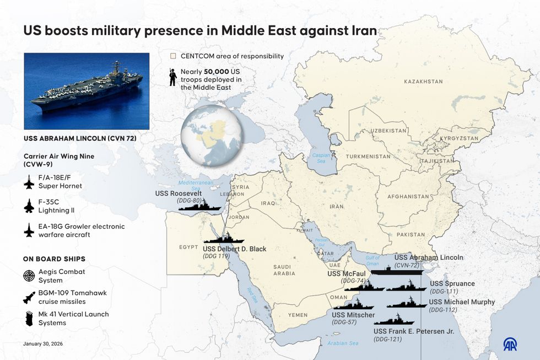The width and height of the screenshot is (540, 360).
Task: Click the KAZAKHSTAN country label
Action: [423, 82]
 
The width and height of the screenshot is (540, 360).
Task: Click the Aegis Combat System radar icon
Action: [29, 276]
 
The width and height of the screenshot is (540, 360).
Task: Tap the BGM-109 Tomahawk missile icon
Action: [29, 298]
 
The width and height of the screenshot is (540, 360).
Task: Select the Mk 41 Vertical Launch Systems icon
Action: [29, 319]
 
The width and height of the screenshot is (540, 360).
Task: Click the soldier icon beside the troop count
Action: [172, 77]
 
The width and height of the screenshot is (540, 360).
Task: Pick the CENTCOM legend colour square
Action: [173, 56]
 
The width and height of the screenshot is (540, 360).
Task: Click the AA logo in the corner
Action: [510, 344]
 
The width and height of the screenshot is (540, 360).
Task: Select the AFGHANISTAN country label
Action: [408, 197]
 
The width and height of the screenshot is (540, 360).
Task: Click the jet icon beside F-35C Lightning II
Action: [29, 206]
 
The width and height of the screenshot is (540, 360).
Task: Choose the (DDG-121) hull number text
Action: [387, 339]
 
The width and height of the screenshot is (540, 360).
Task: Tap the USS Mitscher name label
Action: [353, 315]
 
